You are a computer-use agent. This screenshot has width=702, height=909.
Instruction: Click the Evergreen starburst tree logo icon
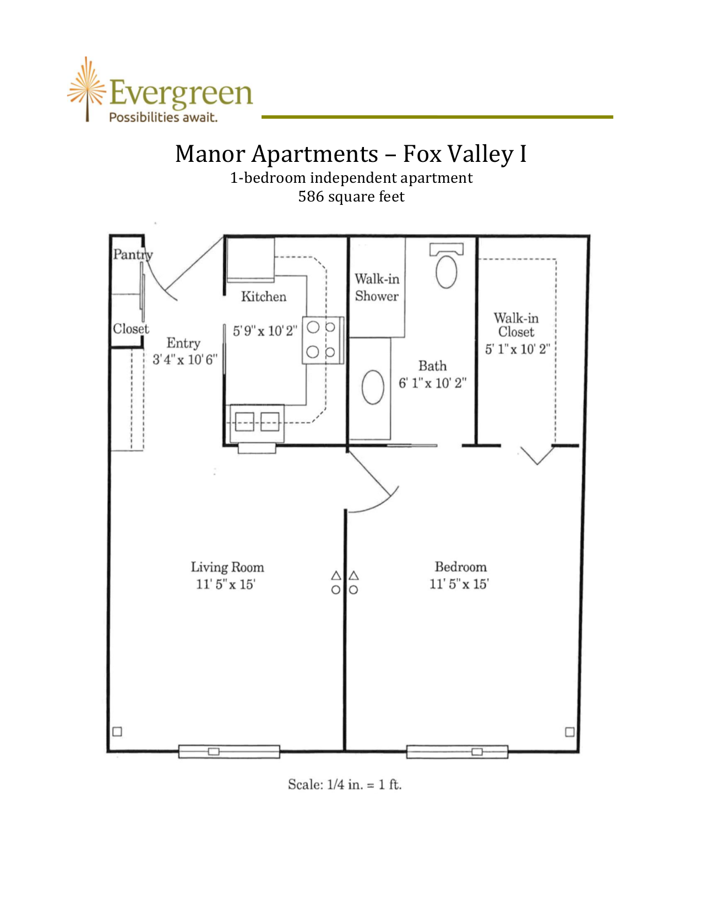click(86, 89)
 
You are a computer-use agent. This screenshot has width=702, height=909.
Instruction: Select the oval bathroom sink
click(373, 387)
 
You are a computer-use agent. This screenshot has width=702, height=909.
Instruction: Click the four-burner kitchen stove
click(323, 340)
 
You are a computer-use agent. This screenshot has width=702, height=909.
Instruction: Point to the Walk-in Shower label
click(377, 287)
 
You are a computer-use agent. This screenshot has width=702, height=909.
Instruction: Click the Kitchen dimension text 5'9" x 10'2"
click(265, 331)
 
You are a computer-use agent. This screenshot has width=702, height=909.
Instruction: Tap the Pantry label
click(132, 254)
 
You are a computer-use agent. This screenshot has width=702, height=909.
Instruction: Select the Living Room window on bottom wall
click(229, 752)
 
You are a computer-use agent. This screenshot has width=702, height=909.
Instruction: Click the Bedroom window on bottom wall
click(457, 752)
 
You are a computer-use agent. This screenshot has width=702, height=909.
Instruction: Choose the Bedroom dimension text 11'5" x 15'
click(459, 584)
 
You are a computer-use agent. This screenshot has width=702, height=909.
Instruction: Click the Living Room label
click(227, 567)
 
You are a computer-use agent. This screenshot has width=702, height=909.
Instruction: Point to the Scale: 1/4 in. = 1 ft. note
click(345, 785)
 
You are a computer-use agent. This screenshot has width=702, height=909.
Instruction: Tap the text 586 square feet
click(351, 197)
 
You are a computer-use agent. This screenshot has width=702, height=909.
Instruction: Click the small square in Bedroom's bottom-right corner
click(570, 732)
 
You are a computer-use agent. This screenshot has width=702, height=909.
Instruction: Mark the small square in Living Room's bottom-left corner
click(117, 732)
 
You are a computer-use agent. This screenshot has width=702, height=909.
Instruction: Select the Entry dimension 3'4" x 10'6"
click(185, 360)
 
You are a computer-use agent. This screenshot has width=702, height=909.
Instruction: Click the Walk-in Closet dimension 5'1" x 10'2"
click(518, 349)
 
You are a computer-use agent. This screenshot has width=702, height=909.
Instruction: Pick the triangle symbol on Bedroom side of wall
click(354, 575)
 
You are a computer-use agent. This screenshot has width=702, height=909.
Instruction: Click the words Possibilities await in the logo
click(163, 117)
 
